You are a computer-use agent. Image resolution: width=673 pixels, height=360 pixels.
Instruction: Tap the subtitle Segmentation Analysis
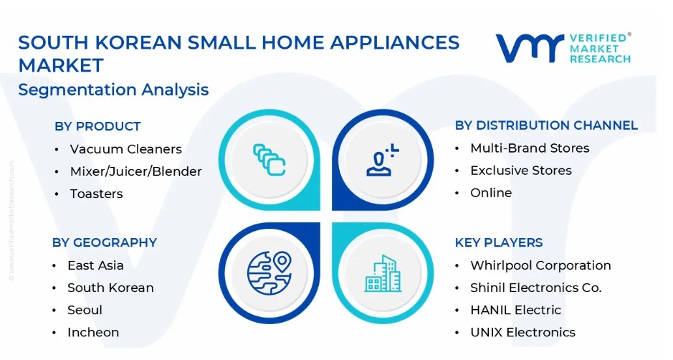click(x=113, y=90)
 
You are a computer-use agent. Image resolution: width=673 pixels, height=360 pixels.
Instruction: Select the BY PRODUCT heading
click(x=97, y=126)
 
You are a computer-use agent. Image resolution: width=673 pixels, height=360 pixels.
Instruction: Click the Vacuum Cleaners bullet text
click(x=125, y=149)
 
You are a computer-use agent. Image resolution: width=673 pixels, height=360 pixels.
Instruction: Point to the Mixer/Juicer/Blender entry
click(x=135, y=171)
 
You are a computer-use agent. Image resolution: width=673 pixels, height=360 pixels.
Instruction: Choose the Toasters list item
click(x=96, y=194)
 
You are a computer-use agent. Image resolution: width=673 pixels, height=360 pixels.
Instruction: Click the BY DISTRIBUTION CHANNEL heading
click(x=546, y=125)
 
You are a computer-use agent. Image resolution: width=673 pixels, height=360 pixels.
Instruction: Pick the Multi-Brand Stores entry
click(x=530, y=148)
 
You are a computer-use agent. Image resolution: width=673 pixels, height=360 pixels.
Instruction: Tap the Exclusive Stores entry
click(x=521, y=171)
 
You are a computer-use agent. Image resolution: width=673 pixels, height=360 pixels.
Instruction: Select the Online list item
click(x=491, y=193)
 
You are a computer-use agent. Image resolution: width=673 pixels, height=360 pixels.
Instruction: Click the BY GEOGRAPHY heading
click(x=105, y=242)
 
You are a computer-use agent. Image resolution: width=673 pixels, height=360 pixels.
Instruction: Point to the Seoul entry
click(x=85, y=311)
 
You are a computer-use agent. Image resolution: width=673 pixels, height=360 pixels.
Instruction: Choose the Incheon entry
click(x=93, y=333)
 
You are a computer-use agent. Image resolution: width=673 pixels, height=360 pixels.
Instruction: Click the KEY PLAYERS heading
click(x=499, y=242)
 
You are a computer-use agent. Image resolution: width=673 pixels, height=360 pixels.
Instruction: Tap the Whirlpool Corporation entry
click(x=540, y=265)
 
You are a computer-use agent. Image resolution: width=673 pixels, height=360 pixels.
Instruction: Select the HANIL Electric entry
click(x=515, y=311)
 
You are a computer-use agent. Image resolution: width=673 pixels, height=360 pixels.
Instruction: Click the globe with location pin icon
click(x=269, y=273)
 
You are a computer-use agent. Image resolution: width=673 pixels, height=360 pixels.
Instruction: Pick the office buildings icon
click(x=383, y=274)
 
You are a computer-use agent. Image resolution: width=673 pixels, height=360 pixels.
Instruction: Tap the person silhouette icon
click(x=382, y=160)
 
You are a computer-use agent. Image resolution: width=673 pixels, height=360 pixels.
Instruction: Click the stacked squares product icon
click(x=269, y=160)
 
